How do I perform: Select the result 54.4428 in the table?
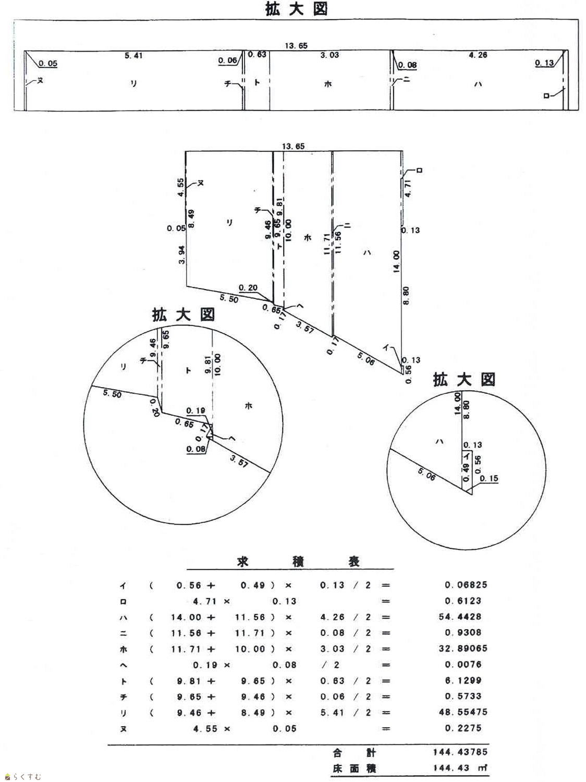pyautogui.click(x=460, y=617)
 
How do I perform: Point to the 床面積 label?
pyautogui.click(x=354, y=768)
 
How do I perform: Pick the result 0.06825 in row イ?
pyautogui.click(x=466, y=585)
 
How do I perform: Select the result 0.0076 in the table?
pyautogui.click(x=462, y=665)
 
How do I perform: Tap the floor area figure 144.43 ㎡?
pyautogui.click(x=459, y=768)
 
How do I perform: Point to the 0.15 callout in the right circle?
pyautogui.click(x=489, y=478)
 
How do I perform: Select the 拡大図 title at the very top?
pyautogui.click(x=296, y=9)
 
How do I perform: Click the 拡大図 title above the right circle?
pyautogui.click(x=464, y=380)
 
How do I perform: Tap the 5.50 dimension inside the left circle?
pyautogui.click(x=112, y=394)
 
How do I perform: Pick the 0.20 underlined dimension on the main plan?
pyautogui.click(x=248, y=287)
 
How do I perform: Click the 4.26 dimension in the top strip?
pyautogui.click(x=478, y=55)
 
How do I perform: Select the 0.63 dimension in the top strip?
pyautogui.click(x=257, y=54)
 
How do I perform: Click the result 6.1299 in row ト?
pyautogui.click(x=463, y=680)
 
